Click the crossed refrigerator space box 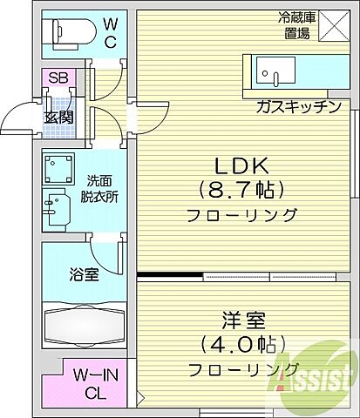(x=336, y=26)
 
